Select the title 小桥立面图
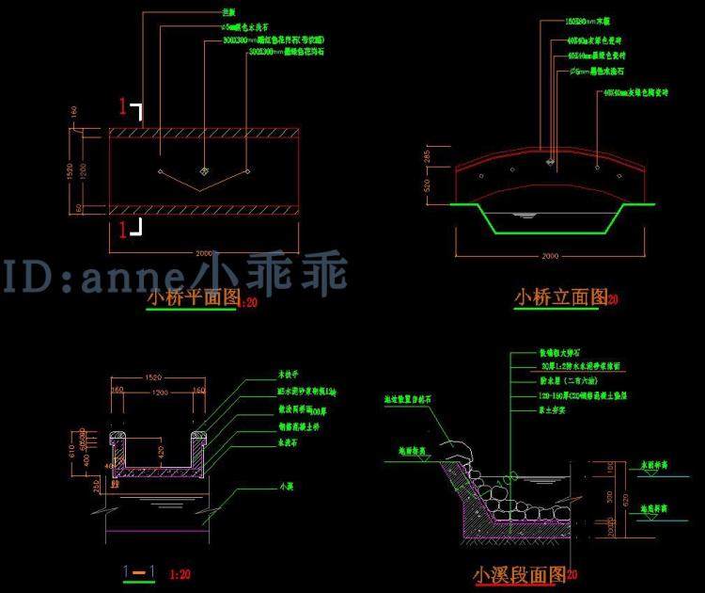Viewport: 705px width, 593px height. tap(560, 297)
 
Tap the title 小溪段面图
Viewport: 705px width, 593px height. tap(520, 573)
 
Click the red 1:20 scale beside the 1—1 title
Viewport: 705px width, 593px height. tap(180, 572)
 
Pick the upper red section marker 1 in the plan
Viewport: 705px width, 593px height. tap(121, 104)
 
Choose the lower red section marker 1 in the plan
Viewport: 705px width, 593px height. tap(121, 227)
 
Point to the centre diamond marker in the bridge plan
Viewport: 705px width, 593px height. tap(205, 170)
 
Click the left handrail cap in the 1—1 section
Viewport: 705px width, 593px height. tap(119, 439)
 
